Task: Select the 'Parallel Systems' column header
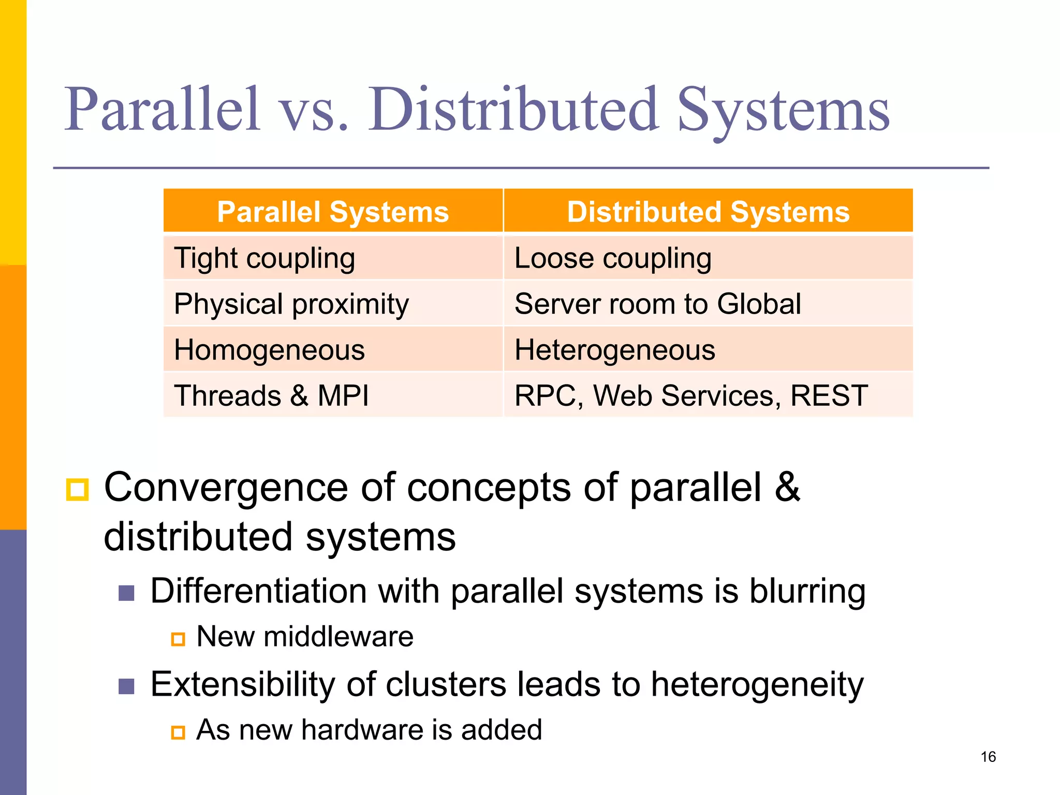pos(333,212)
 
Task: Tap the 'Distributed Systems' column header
pos(708,212)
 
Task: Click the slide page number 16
pos(988,757)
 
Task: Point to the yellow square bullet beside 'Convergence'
pos(78,489)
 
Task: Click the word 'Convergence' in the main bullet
pos(226,488)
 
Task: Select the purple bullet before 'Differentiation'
pos(126,593)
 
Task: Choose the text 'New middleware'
pos(305,637)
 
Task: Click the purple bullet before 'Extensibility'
pos(126,686)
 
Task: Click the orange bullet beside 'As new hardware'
pos(178,732)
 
